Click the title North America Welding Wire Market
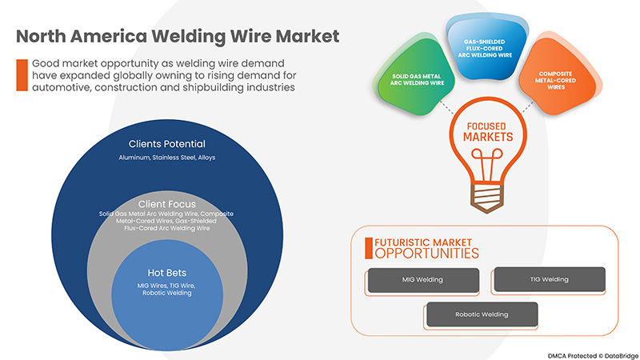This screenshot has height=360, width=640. point(178,37)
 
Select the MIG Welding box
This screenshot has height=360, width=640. point(422,279)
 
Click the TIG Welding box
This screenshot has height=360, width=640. point(549,279)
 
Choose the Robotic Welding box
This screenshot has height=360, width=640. point(482,314)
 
